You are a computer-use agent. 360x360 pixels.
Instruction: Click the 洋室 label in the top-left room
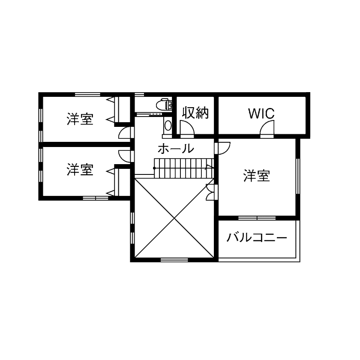pyautogui.click(x=80, y=119)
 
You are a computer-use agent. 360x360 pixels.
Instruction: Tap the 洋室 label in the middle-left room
pyautogui.click(x=80, y=170)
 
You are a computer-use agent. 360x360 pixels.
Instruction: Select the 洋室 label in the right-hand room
pyautogui.click(x=257, y=176)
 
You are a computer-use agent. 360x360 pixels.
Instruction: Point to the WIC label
pyautogui.click(x=261, y=114)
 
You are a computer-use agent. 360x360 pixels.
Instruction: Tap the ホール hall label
pyautogui.click(x=176, y=149)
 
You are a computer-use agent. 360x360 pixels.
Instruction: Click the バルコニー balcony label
pyautogui.click(x=257, y=237)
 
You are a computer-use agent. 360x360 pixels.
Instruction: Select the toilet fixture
pyautogui.click(x=163, y=104)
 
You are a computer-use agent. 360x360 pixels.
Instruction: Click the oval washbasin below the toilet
pyautogui.click(x=168, y=125)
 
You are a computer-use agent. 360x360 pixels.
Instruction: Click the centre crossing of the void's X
pyautogui.click(x=174, y=219)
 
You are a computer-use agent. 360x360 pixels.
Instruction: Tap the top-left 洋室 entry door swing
pyautogui.click(x=124, y=132)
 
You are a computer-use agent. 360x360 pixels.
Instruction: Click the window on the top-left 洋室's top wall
pyautogui.click(x=87, y=94)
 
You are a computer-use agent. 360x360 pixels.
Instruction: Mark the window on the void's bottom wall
pyautogui.click(x=174, y=259)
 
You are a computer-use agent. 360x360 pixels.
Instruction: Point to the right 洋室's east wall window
pyautogui.click(x=298, y=176)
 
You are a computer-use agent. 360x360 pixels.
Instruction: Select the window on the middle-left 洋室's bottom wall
pyautogui.click(x=96, y=198)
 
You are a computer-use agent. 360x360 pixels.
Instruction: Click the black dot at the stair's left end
pyautogui.click(x=154, y=168)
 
